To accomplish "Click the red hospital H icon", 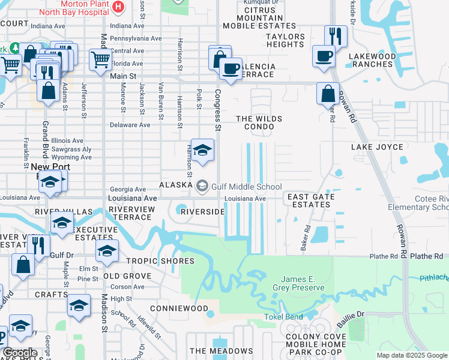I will point(118,6).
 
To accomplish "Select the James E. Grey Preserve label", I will point(303,283).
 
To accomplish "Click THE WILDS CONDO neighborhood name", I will point(259,123).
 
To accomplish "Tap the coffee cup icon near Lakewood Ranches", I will point(324,56).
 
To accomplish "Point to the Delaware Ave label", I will point(130,125).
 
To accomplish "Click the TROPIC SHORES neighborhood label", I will point(160,261).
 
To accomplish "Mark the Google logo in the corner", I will point(20,352).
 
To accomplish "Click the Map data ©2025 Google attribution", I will point(411,355).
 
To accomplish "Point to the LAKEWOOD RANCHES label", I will point(372,61).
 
